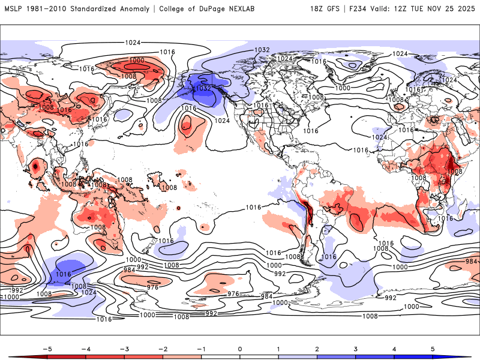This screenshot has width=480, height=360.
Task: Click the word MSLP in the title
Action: pyautogui.click(x=14, y=9)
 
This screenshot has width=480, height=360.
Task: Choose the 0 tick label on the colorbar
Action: pyautogui.click(x=240, y=348)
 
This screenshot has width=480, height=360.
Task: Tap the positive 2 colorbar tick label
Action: pyautogui.click(x=317, y=348)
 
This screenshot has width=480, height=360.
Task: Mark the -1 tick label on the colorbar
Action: pyautogui.click(x=201, y=348)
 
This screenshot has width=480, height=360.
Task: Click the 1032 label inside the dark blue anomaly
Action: pyautogui.click(x=203, y=89)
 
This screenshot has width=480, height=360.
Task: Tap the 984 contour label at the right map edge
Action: pyautogui.click(x=471, y=261)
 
